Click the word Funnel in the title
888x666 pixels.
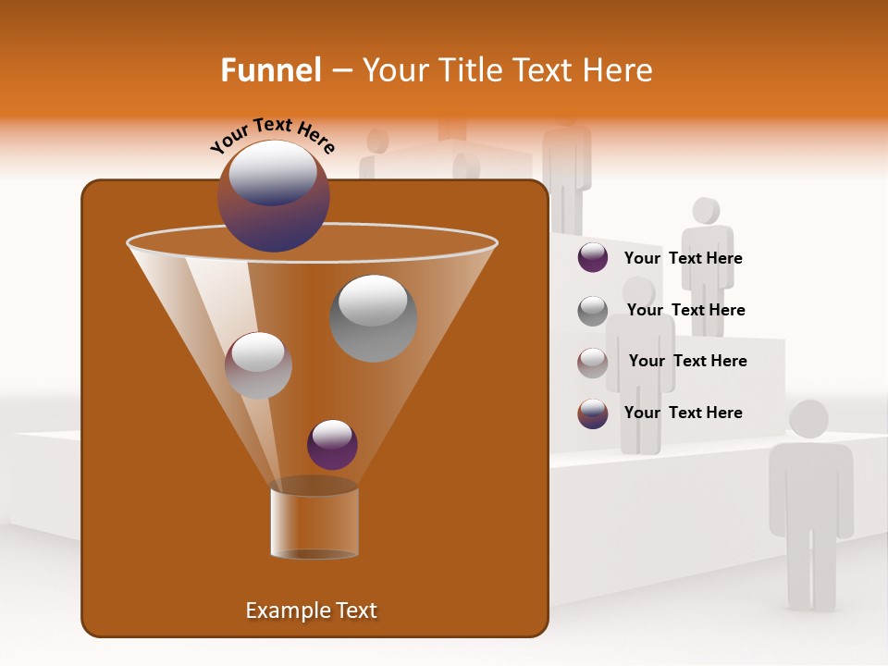click(x=270, y=70)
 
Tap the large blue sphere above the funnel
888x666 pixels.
click(x=273, y=195)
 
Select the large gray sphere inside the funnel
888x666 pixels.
click(x=373, y=318)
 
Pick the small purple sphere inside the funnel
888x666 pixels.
click(x=332, y=445)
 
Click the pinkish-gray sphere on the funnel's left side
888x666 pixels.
click(x=258, y=365)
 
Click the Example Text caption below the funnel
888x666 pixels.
click(x=311, y=610)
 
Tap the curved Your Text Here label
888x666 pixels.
click(x=272, y=135)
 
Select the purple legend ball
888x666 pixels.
click(x=593, y=258)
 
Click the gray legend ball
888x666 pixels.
click(x=593, y=311)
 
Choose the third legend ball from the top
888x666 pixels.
click(x=593, y=363)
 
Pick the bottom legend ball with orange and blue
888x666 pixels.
click(x=593, y=413)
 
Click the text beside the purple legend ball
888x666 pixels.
click(x=683, y=259)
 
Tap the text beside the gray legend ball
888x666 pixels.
click(x=685, y=311)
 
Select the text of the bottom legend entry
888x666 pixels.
click(x=683, y=413)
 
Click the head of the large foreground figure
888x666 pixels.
click(x=808, y=419)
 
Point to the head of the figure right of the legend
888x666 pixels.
click(x=706, y=211)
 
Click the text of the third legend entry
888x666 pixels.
click(x=687, y=362)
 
